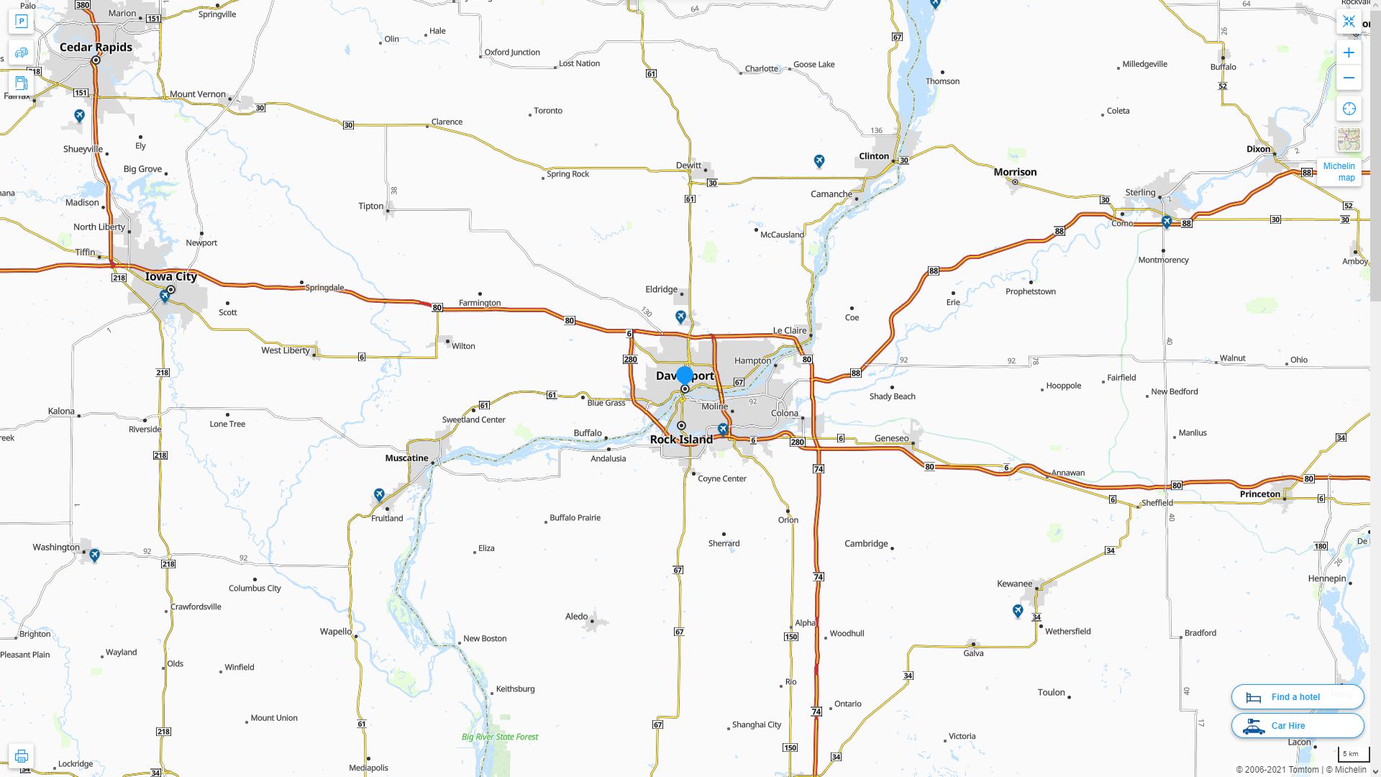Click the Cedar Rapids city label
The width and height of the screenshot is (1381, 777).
pos(96,47)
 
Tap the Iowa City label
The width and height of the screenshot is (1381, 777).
pos(170,276)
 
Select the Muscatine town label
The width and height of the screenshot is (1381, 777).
pos(406,458)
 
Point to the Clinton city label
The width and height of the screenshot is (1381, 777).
pos(874,156)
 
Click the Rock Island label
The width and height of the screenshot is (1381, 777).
pos(681,440)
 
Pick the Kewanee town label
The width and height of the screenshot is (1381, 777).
pos(1014,583)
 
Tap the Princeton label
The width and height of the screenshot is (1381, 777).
pos(1259,494)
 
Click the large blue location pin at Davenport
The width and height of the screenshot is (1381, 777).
pos(685,376)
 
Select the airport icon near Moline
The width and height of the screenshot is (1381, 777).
pos(723,430)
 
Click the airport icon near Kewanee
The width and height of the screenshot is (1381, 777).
pos(1018,611)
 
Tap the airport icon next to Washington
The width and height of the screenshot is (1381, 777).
pos(94,555)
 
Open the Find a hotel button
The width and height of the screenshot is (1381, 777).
pos(1297,697)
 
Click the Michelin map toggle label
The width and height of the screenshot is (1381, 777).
pos(1339,172)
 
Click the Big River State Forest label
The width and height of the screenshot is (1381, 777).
pos(499,737)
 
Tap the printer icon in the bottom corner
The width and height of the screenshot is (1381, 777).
pos(21,756)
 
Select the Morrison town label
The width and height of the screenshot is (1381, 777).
pos(1015,172)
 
